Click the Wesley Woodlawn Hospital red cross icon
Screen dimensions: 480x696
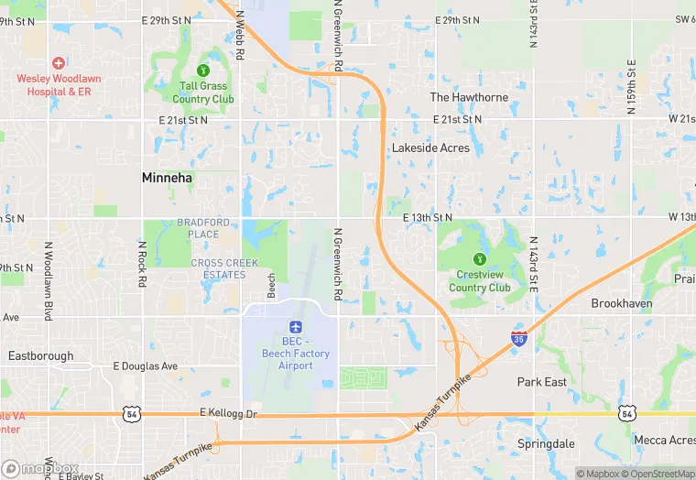pyautogui.click(x=59, y=62)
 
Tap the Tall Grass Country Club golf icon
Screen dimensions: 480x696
pyautogui.click(x=203, y=70)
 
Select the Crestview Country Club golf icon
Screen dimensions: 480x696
pyautogui.click(x=479, y=258)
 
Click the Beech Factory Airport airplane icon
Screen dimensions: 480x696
pyautogui.click(x=295, y=327)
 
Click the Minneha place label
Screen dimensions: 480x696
pyautogui.click(x=168, y=178)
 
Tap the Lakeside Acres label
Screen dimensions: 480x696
pyautogui.click(x=430, y=147)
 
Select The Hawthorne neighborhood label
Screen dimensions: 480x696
pyautogui.click(x=469, y=97)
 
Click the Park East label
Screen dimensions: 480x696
pyautogui.click(x=542, y=382)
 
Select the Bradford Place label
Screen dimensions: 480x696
pyautogui.click(x=198, y=228)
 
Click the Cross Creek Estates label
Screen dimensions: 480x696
pyautogui.click(x=219, y=268)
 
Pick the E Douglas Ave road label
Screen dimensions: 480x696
pyautogui.click(x=146, y=366)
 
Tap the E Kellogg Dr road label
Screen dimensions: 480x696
pyautogui.click(x=230, y=414)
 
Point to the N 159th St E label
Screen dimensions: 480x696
pyautogui.click(x=631, y=87)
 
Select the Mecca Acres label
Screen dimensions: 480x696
pyautogui.click(x=664, y=441)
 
